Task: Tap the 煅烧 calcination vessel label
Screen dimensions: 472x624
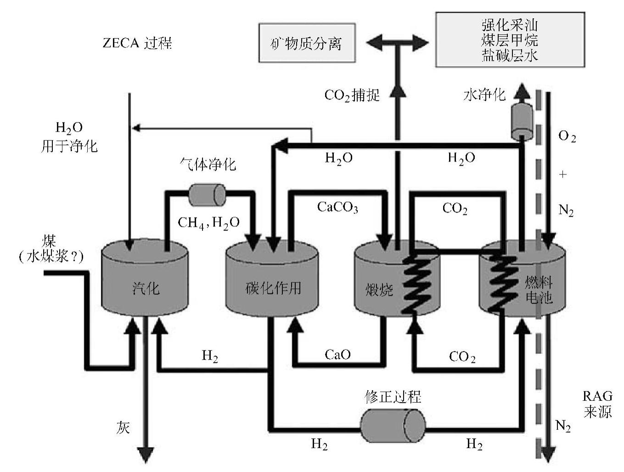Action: (x=379, y=289)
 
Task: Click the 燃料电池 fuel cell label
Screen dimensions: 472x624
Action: (x=538, y=289)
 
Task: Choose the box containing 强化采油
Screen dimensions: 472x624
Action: (x=510, y=40)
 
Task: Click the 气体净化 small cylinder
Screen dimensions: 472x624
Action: (x=207, y=195)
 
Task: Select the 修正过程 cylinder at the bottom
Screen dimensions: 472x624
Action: (x=393, y=425)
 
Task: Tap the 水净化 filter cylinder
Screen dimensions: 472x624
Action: (x=522, y=121)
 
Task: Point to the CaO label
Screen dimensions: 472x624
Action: (x=337, y=354)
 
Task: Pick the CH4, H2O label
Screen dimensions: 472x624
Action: (x=208, y=223)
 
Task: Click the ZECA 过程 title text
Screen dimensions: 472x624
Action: (x=137, y=43)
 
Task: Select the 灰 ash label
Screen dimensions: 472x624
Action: (x=123, y=427)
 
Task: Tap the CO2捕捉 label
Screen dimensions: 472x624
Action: (x=352, y=95)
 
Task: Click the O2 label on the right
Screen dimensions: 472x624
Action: (x=567, y=136)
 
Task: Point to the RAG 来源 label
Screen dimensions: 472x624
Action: (x=597, y=404)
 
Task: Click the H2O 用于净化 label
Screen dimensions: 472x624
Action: (x=69, y=137)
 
